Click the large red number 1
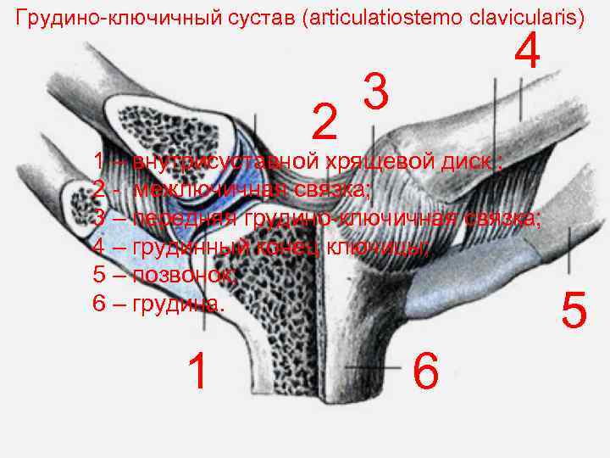(197, 371)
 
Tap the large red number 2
(323, 123)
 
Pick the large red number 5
(574, 310)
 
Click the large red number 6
(425, 371)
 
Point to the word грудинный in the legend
(190, 247)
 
